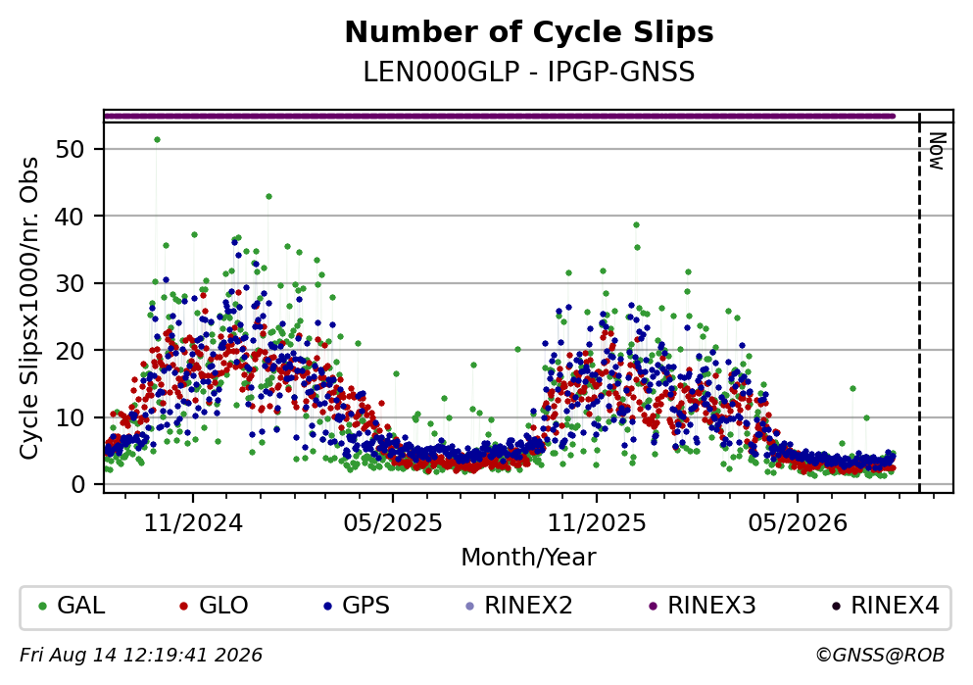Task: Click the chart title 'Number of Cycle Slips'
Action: coord(529,32)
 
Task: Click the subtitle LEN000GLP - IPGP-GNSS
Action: coord(529,73)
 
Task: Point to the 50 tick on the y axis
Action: coord(71,150)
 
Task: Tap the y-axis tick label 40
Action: coord(71,217)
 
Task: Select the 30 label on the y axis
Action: coord(71,283)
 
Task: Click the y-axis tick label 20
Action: coord(71,351)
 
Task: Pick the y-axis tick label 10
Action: coord(71,417)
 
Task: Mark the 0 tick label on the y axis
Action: coord(78,484)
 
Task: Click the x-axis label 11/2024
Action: coord(193,523)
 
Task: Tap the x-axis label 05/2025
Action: coord(393,523)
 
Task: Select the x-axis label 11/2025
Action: coord(597,523)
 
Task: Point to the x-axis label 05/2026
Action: coord(798,523)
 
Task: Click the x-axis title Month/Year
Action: coord(529,558)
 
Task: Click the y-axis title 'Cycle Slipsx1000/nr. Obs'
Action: coord(29,309)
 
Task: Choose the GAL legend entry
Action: coord(72,606)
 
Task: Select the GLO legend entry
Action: coord(214,606)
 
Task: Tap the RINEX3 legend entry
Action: coord(703,606)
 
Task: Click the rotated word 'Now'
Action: coord(937,151)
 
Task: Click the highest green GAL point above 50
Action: coord(157,139)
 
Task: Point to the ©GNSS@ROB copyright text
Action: coord(880,656)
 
